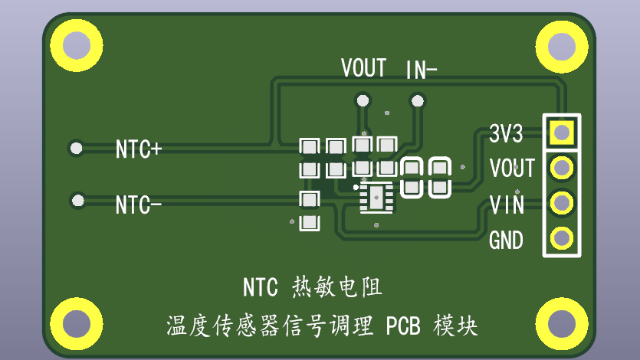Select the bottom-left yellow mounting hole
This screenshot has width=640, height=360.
click(x=77, y=322)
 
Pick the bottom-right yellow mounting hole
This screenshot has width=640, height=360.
click(x=563, y=322)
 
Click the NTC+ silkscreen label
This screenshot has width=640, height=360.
click(x=138, y=149)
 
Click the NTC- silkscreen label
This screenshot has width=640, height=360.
click(x=138, y=205)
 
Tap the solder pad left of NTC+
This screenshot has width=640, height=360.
click(x=76, y=148)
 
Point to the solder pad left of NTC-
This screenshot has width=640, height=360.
click(x=77, y=201)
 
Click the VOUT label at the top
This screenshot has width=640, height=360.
click(x=363, y=68)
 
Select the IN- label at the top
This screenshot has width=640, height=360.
click(x=421, y=71)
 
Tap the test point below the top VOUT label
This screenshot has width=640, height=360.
click(x=363, y=100)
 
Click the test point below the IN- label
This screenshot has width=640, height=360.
click(x=417, y=100)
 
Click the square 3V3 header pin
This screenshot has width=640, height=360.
click(x=562, y=133)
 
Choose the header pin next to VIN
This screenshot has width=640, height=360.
click(x=562, y=202)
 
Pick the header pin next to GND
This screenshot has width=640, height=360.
click(x=562, y=237)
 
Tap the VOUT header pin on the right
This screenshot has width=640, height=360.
click(x=562, y=167)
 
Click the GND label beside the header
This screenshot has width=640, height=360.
click(x=506, y=241)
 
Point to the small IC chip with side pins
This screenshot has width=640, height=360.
click(x=376, y=198)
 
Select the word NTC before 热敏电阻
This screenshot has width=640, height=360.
click(x=261, y=288)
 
